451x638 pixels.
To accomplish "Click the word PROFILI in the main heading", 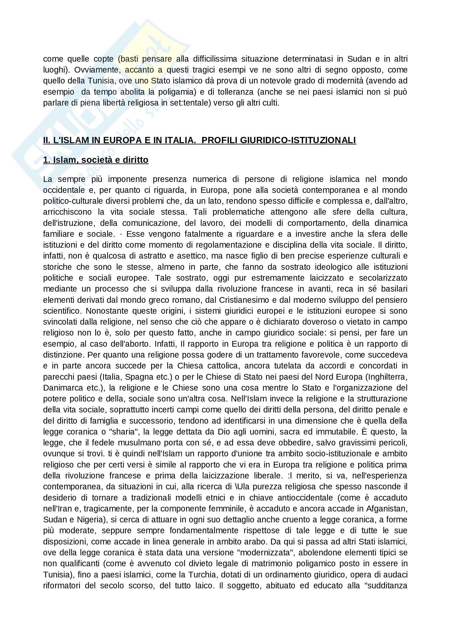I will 219,140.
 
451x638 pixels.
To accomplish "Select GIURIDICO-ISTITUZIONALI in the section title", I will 298,140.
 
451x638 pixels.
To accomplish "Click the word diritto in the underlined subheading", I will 135,160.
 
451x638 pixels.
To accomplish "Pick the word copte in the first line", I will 103,59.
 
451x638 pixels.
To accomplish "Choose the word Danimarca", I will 63,388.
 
